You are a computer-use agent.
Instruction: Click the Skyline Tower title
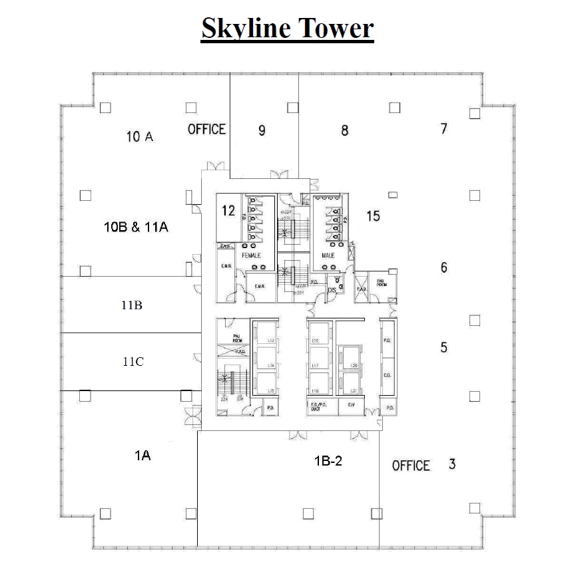coord(288,29)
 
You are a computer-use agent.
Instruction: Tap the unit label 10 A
coord(140,137)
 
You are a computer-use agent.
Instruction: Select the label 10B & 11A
coord(136,227)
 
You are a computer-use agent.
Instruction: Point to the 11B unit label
coord(131,306)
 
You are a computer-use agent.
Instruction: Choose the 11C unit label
coord(133,362)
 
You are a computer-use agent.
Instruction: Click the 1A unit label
coord(143,456)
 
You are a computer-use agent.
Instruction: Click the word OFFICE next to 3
coord(411,466)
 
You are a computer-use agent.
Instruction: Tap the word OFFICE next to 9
coord(206,129)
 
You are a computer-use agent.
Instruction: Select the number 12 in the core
coord(228,212)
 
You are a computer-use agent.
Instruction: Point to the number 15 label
coord(373,216)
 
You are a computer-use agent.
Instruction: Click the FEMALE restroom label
coord(251,255)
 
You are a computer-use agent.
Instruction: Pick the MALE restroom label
coord(329,255)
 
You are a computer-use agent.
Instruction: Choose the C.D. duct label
coord(388,375)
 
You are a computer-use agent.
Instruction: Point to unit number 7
coord(443,129)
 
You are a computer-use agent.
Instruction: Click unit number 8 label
coord(344,131)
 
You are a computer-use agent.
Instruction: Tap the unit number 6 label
coord(443,267)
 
